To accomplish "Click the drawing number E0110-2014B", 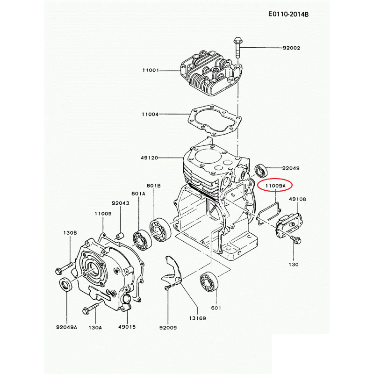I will (x=288, y=14).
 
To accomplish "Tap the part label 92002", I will (x=291, y=48).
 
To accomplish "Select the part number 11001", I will (x=151, y=70).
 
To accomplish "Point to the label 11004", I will (x=151, y=114).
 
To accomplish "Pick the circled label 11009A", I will (x=275, y=186).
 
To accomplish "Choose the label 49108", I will (x=297, y=199).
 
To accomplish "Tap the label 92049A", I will (x=66, y=327).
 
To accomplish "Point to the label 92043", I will (x=120, y=203).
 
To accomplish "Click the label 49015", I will (x=127, y=327).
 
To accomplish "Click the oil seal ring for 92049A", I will (x=65, y=285).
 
